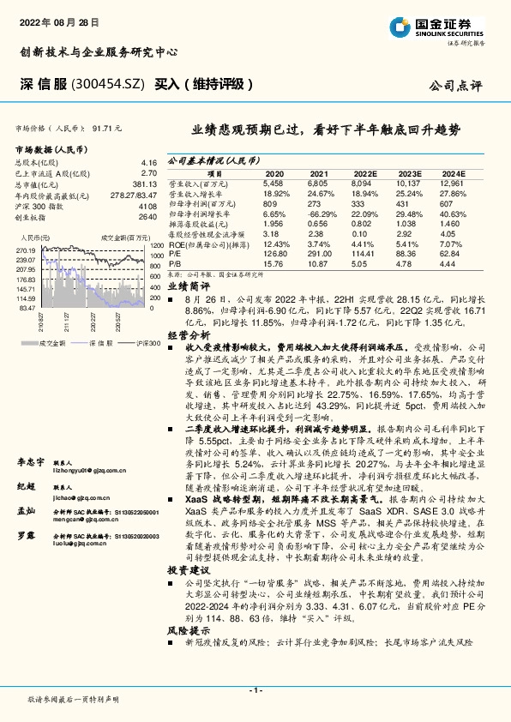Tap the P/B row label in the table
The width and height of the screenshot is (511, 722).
point(174,264)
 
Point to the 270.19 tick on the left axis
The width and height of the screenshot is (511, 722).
point(24,248)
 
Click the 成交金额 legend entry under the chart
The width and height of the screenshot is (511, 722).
point(52,343)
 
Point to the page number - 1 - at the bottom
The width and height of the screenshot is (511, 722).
point(255,689)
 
